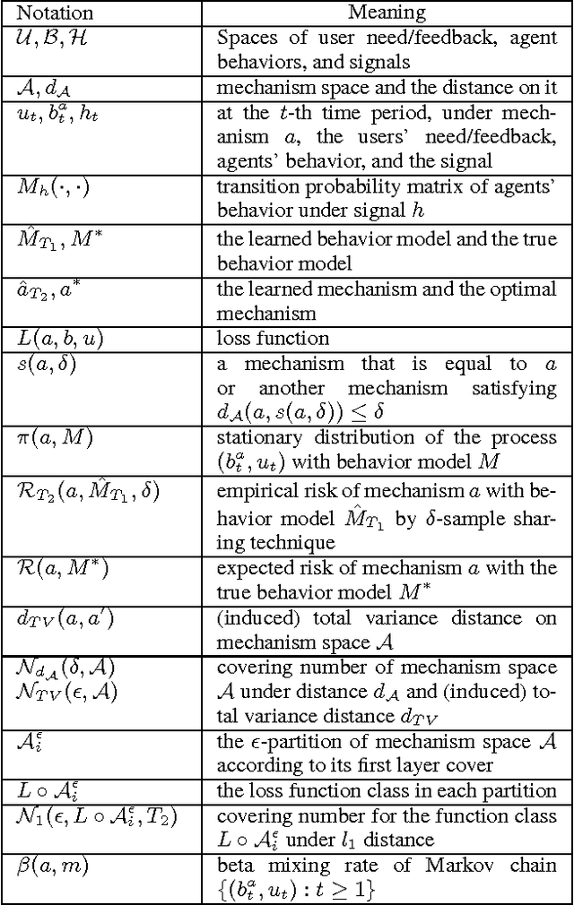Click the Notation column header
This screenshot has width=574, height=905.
click(x=56, y=13)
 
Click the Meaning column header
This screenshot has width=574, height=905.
click(x=387, y=13)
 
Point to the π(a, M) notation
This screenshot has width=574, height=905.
click(x=53, y=438)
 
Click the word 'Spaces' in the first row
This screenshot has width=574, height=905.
click(x=243, y=39)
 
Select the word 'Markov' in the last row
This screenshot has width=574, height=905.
click(x=483, y=866)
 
